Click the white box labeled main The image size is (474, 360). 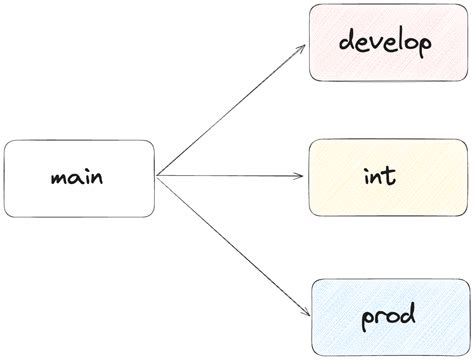tap(80, 178)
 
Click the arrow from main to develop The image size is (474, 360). tap(230, 111)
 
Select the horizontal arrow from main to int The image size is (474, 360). tap(230, 177)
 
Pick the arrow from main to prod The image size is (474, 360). tap(230, 244)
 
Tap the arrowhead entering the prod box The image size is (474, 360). tap(301, 311)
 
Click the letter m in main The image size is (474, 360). tap(57, 180)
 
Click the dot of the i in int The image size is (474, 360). tap(367, 168)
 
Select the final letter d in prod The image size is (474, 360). tap(405, 317)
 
